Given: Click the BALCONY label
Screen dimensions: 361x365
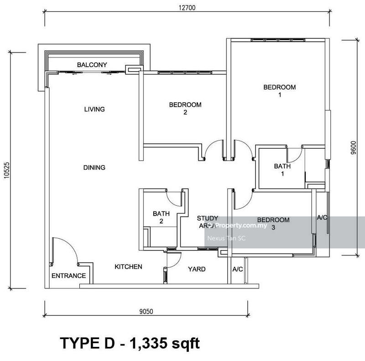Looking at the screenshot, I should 92,65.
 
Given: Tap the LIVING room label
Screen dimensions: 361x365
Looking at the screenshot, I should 94,109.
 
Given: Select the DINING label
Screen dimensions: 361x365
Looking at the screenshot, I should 94,167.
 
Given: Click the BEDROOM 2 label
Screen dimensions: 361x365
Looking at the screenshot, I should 185,109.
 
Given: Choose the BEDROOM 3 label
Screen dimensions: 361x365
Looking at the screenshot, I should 273,224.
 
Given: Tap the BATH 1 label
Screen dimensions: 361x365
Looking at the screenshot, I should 282,170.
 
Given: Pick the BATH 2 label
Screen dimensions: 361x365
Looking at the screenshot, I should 161,217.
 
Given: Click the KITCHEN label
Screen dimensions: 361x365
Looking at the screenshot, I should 128,267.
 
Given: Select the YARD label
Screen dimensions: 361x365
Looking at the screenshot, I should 197,269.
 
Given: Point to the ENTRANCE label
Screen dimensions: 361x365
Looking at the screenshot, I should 68,276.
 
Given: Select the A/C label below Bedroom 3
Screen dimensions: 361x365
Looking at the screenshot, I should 237,269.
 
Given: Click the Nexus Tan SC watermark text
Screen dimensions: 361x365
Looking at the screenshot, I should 226,238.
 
